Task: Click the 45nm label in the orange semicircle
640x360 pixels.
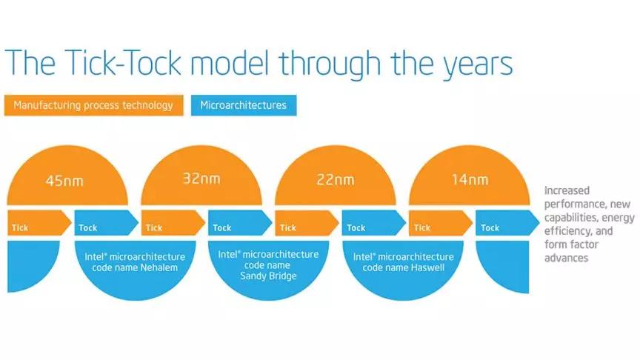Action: coord(64,181)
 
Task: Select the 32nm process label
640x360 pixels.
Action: coord(201,179)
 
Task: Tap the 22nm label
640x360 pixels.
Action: coord(336,179)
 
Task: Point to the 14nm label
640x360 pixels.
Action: coord(470,179)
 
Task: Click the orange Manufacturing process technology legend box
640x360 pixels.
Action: coord(94,105)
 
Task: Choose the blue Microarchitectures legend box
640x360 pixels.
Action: coord(244,105)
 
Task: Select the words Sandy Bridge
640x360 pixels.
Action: coord(268,276)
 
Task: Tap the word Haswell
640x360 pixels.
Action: coord(427,267)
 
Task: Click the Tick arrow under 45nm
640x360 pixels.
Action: coord(39,223)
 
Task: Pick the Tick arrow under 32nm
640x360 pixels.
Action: coord(173,223)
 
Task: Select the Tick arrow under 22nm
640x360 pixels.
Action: coord(307,223)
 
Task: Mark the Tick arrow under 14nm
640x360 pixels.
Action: coord(441,223)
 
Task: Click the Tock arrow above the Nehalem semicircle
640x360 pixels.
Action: coord(107,223)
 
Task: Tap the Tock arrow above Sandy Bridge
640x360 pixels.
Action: coord(240,223)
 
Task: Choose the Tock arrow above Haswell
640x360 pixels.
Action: coord(374,223)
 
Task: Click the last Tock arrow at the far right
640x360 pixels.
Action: coord(507,223)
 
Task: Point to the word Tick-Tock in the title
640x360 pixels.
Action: coord(123,63)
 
